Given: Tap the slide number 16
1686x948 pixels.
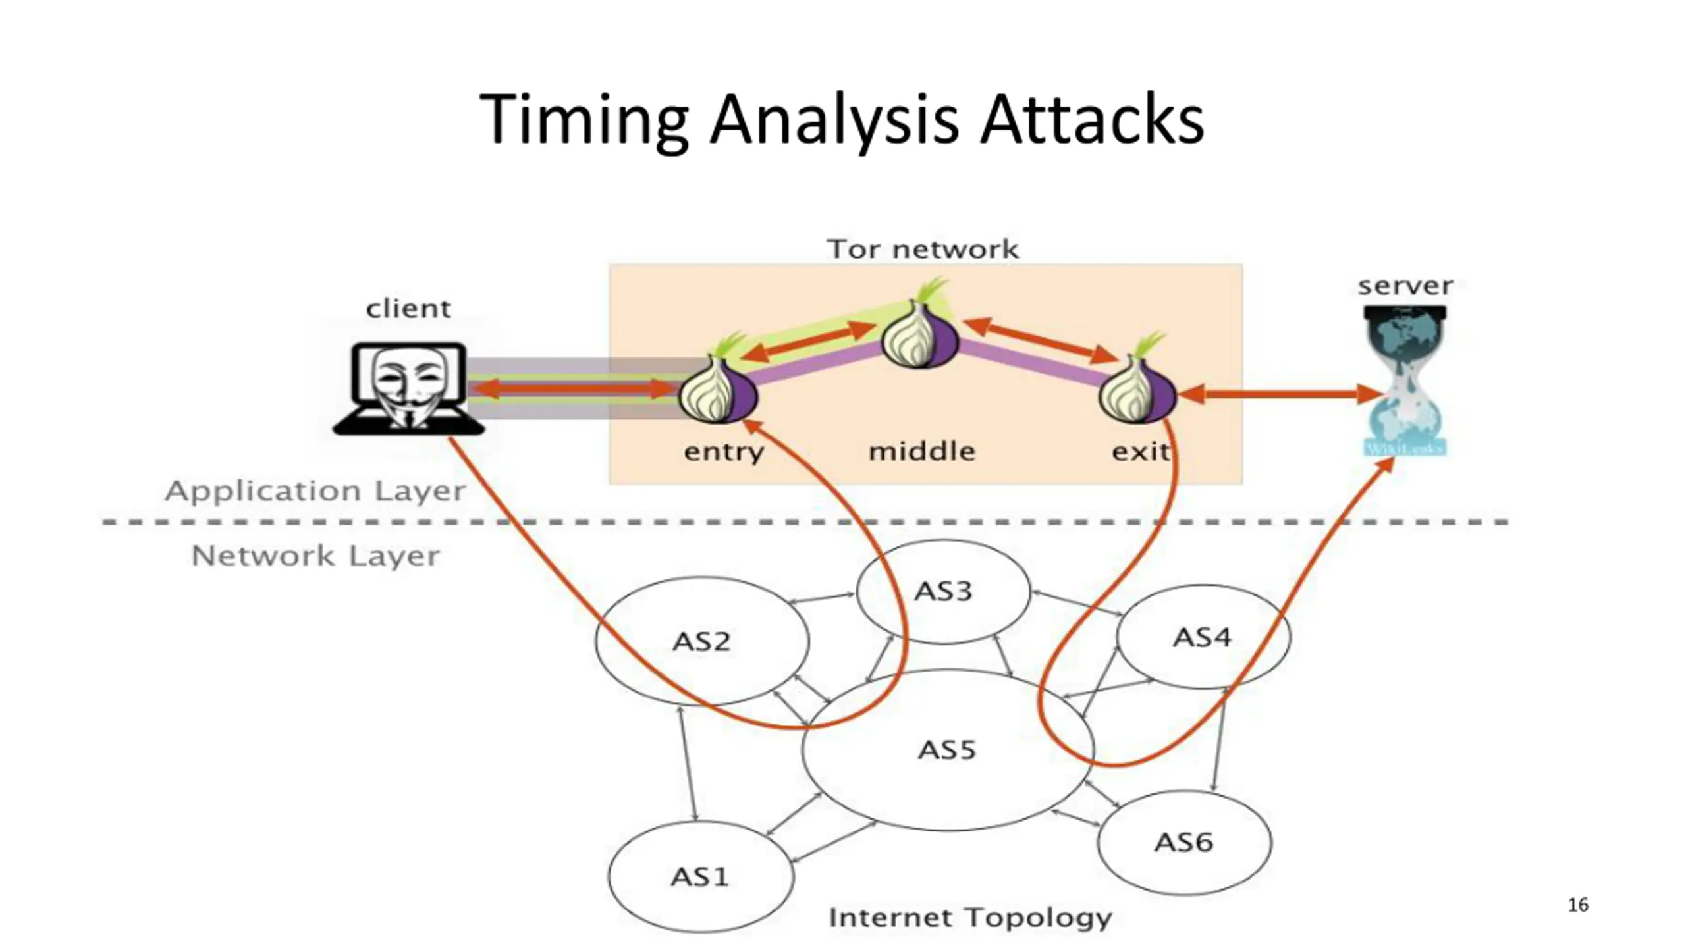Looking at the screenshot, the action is point(1578,905).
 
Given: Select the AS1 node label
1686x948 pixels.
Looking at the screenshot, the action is point(699,877).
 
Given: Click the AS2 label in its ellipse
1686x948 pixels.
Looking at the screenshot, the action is point(701,641).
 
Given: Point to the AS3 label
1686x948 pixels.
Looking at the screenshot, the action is point(943,591).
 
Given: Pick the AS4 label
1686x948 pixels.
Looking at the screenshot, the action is point(1202,637).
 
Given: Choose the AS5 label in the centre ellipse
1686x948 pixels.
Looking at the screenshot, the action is point(947,750).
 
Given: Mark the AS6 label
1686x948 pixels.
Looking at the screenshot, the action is point(1183,842).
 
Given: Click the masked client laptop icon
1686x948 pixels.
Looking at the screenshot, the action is point(408,388).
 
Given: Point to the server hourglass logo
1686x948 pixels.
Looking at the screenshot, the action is point(1405,381).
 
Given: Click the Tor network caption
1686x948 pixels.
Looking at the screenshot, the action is point(923,250).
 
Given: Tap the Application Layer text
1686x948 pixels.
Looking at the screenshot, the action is point(315,492).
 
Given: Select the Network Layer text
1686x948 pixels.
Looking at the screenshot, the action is point(315,556).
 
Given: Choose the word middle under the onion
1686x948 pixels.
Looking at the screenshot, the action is point(922,452).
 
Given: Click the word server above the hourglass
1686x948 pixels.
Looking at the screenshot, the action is point(1405,286).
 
